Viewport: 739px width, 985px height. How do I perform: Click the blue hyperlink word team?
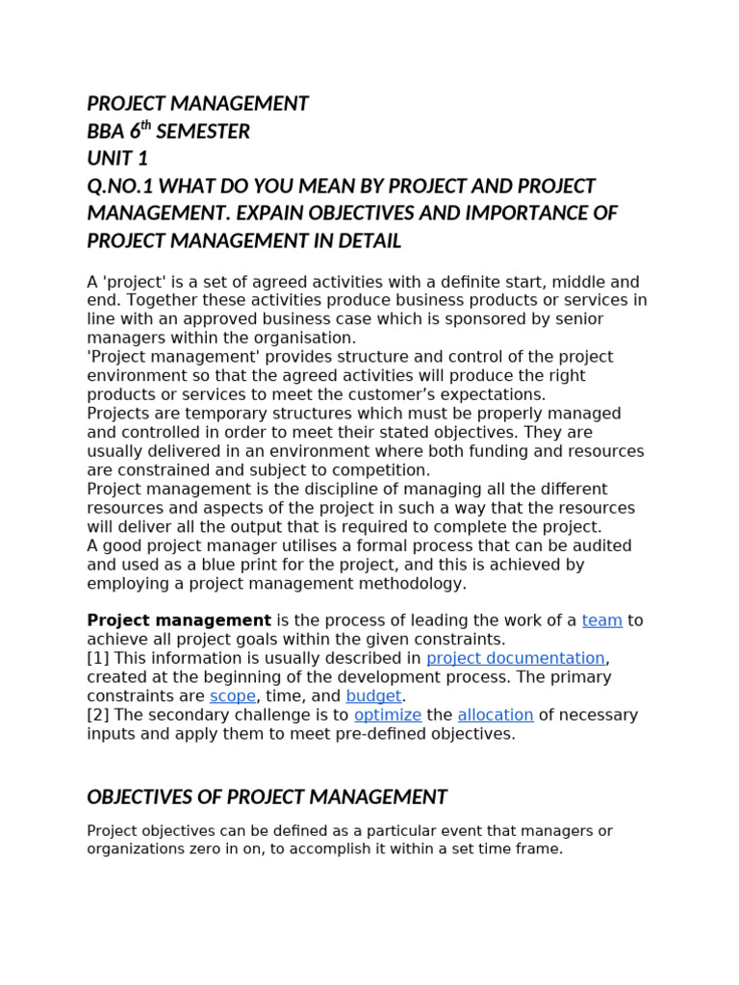pos(601,620)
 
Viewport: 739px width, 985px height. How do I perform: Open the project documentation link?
pos(515,658)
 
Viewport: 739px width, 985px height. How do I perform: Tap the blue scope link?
pos(233,695)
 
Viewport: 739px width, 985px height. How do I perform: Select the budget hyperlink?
pos(373,695)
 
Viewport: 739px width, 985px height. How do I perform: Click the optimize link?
pos(388,715)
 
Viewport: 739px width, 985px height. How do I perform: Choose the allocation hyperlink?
pos(495,715)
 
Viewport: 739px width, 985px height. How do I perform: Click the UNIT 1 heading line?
pos(117,159)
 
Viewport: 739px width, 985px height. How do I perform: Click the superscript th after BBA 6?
pos(146,126)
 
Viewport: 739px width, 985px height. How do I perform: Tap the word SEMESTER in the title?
pos(203,132)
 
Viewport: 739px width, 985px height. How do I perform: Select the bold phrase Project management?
pos(179,620)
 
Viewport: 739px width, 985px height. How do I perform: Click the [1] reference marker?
pos(97,658)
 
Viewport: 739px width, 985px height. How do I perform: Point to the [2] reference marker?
pos(97,715)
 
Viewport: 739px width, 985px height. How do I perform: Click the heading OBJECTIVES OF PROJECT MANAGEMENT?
pos(267,797)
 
